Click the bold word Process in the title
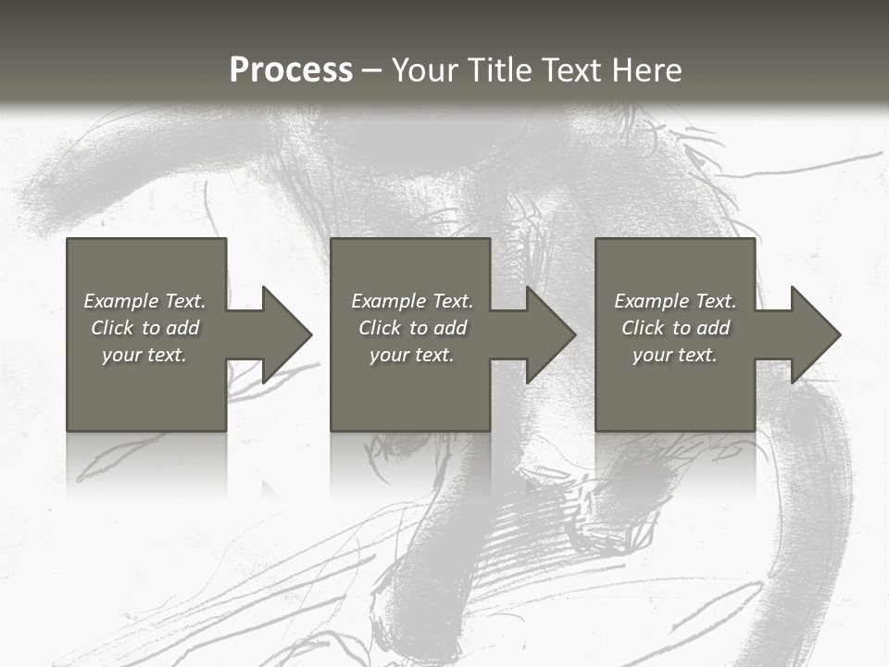[291, 70]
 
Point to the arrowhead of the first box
[283, 334]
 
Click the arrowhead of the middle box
[548, 334]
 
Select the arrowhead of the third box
[813, 334]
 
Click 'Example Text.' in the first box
[145, 301]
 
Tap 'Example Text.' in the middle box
[412, 301]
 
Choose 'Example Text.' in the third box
[675, 301]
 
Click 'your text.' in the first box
[145, 355]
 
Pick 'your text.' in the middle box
[412, 355]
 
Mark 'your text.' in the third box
[675, 355]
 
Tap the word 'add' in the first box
[183, 328]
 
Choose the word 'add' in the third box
[714, 328]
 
